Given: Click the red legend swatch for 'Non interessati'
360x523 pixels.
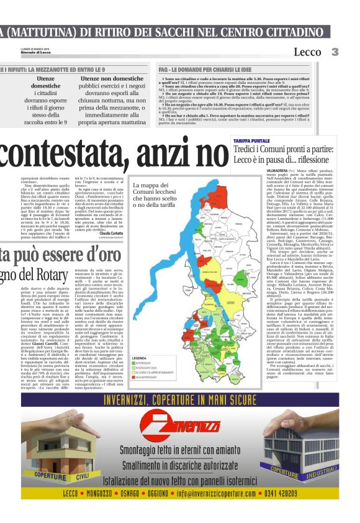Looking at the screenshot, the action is (137, 376).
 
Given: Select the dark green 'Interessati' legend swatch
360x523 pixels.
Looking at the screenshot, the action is (137, 363).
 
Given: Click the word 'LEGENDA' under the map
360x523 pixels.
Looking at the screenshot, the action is (140, 358).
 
